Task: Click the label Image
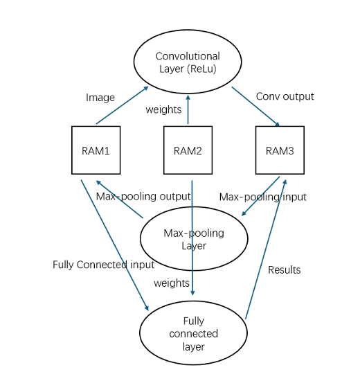[100, 98]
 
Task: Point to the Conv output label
[285, 96]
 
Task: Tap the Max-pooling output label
[143, 196]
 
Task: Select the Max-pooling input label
[263, 197]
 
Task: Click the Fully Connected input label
[103, 265]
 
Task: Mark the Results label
[285, 270]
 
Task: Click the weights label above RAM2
[163, 110]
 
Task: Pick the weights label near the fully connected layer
[172, 283]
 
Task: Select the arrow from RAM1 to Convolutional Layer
[122, 105]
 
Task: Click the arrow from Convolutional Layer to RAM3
[255, 107]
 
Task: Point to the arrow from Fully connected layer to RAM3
[266, 249]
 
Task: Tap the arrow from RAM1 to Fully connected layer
[115, 245]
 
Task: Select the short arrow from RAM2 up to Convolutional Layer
[188, 109]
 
